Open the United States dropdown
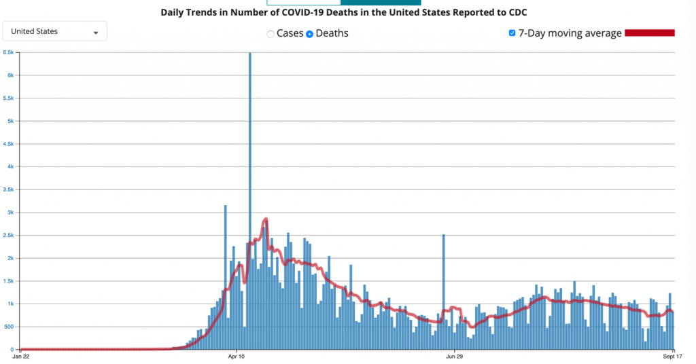coord(54,31)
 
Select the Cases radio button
coord(271,34)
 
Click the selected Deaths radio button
coord(309,34)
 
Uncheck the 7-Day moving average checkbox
coord(512,33)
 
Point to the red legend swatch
coord(649,33)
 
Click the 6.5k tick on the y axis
coord(9,52)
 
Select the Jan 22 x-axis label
coord(21,356)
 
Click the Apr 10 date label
coord(237,356)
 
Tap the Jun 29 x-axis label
coord(454,356)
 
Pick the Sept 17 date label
coord(673,356)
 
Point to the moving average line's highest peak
coord(266,219)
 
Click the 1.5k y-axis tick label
coord(9,281)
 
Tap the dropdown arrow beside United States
coord(95,33)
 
